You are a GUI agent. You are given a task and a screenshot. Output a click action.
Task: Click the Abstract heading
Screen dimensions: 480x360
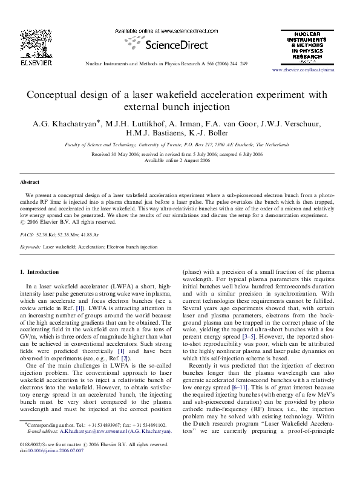click(x=30, y=181)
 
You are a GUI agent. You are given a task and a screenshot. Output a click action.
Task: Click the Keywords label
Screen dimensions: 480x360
click(x=31, y=247)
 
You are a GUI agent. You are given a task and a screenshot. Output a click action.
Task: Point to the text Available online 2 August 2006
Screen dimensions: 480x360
click(x=180, y=161)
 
